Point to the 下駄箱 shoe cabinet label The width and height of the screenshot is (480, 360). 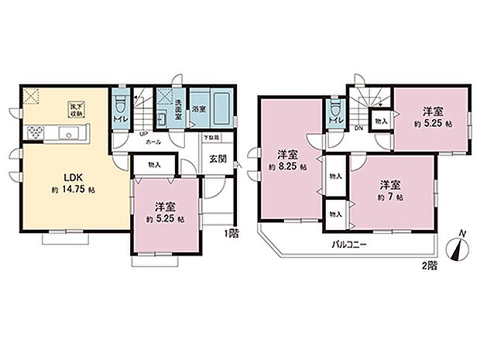211,138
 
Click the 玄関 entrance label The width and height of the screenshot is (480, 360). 217,159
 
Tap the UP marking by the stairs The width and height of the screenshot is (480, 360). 143,133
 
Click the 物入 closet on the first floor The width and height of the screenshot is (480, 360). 154,164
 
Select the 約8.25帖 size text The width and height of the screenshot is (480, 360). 286,166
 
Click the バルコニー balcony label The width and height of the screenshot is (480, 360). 349,245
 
